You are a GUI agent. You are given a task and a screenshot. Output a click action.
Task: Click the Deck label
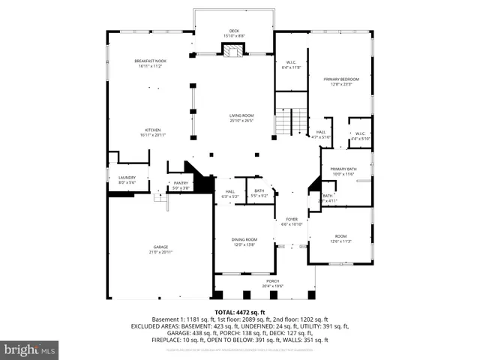coord(234,31)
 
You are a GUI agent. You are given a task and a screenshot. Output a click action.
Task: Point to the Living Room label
coord(241,115)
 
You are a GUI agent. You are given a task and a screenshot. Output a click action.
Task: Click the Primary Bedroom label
coord(341,79)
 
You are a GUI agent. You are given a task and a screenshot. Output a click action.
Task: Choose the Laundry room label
coord(127,177)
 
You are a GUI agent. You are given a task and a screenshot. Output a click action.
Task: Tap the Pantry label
coord(181,183)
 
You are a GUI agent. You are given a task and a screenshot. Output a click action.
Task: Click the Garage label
coord(160,247)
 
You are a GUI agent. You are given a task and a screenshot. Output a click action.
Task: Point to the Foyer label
coord(291,219)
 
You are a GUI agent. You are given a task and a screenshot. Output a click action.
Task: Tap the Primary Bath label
coord(346,169)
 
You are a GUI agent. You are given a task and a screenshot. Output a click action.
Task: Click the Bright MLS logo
coord(30,349)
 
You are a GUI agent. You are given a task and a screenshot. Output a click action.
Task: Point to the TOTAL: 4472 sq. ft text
coord(239,312)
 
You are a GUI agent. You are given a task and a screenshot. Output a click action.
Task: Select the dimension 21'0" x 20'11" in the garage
coord(160,252)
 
